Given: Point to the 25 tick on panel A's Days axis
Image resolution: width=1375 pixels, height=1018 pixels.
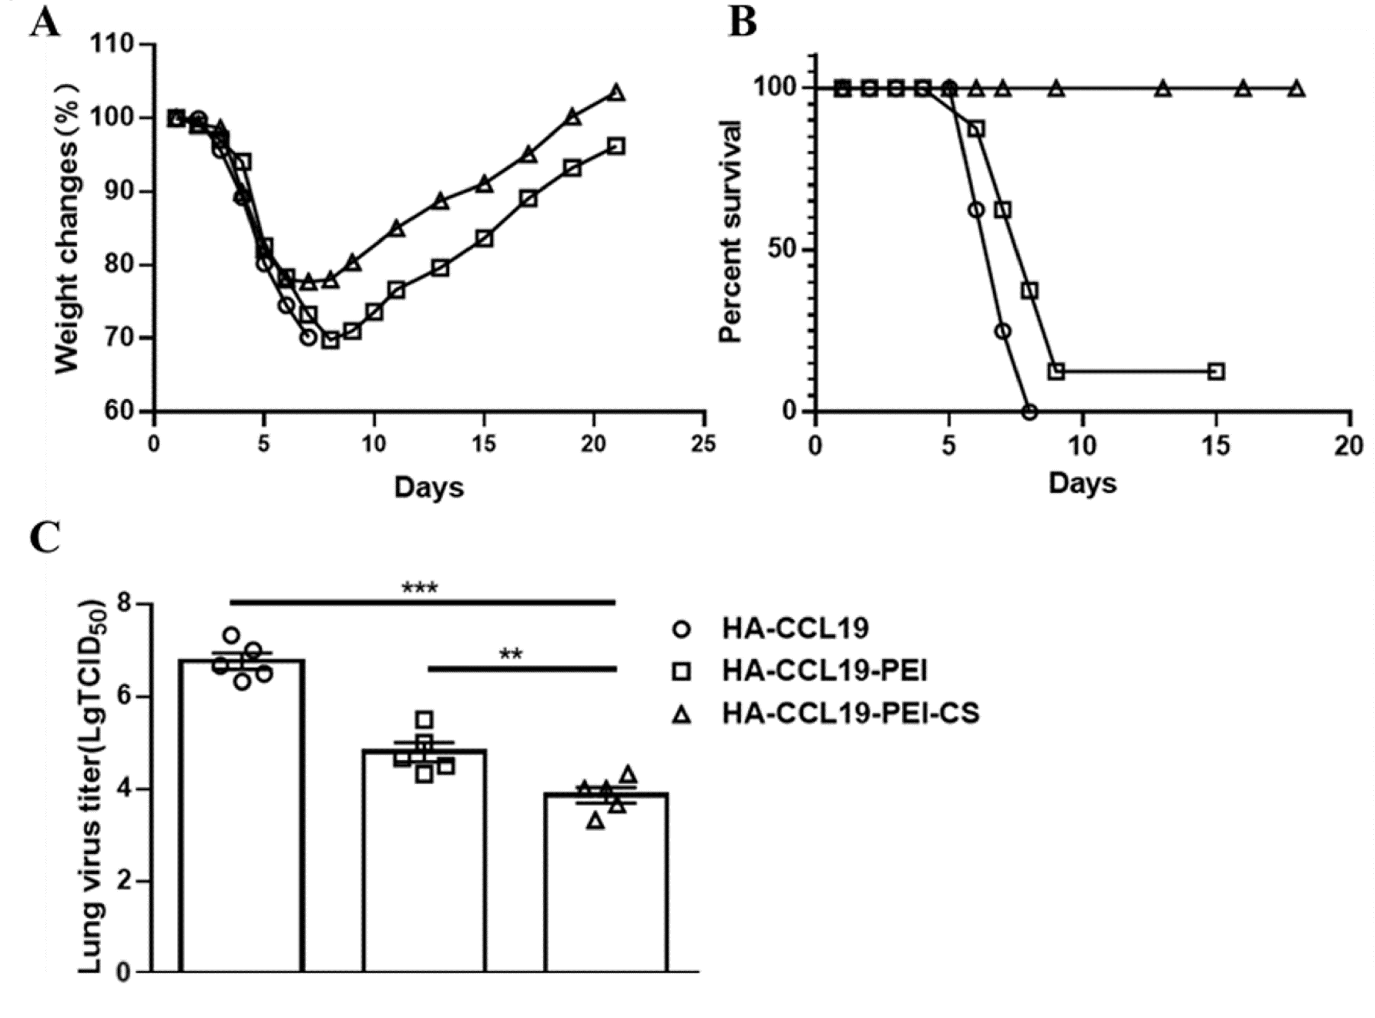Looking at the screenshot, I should coord(703,444).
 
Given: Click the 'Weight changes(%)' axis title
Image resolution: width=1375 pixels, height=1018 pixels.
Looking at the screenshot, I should coord(66,228).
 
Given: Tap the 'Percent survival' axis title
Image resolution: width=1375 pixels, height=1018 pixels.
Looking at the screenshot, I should coord(731,231).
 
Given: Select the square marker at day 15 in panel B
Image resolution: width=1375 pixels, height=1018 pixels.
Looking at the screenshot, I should coord(1215,372).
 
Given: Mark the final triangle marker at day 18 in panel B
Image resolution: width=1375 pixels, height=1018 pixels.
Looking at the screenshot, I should coord(1297,89).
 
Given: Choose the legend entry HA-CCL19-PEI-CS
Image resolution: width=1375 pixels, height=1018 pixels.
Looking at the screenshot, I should coord(850,714).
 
